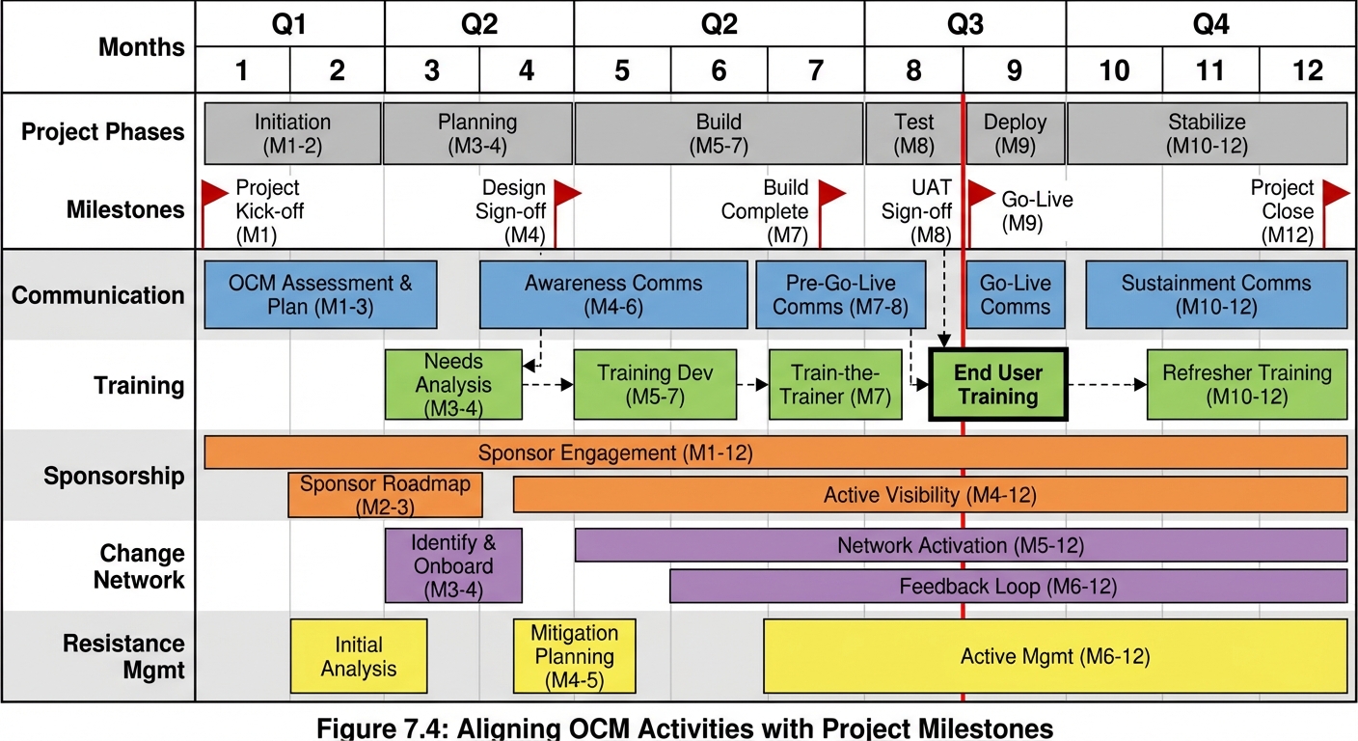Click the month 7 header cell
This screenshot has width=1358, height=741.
click(x=816, y=70)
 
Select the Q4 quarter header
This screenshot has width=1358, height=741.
click(x=1210, y=24)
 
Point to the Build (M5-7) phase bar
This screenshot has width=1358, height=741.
click(x=719, y=134)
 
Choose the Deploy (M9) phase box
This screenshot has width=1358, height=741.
click(x=1015, y=134)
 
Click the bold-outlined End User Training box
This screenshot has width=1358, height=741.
click(x=997, y=385)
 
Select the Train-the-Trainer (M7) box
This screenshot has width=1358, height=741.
click(x=835, y=385)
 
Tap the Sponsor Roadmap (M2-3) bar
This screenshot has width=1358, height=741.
click(x=385, y=495)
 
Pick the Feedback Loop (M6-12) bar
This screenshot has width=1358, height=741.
click(x=1008, y=586)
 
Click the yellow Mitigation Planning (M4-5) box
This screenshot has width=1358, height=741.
click(x=574, y=657)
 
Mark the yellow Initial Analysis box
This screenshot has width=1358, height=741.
click(x=359, y=657)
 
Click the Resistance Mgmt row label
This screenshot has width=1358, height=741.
click(x=123, y=656)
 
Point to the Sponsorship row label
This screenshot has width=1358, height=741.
click(x=114, y=476)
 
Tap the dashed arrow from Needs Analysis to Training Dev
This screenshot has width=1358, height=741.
click(x=548, y=385)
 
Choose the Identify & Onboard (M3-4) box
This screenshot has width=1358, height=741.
click(x=453, y=565)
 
